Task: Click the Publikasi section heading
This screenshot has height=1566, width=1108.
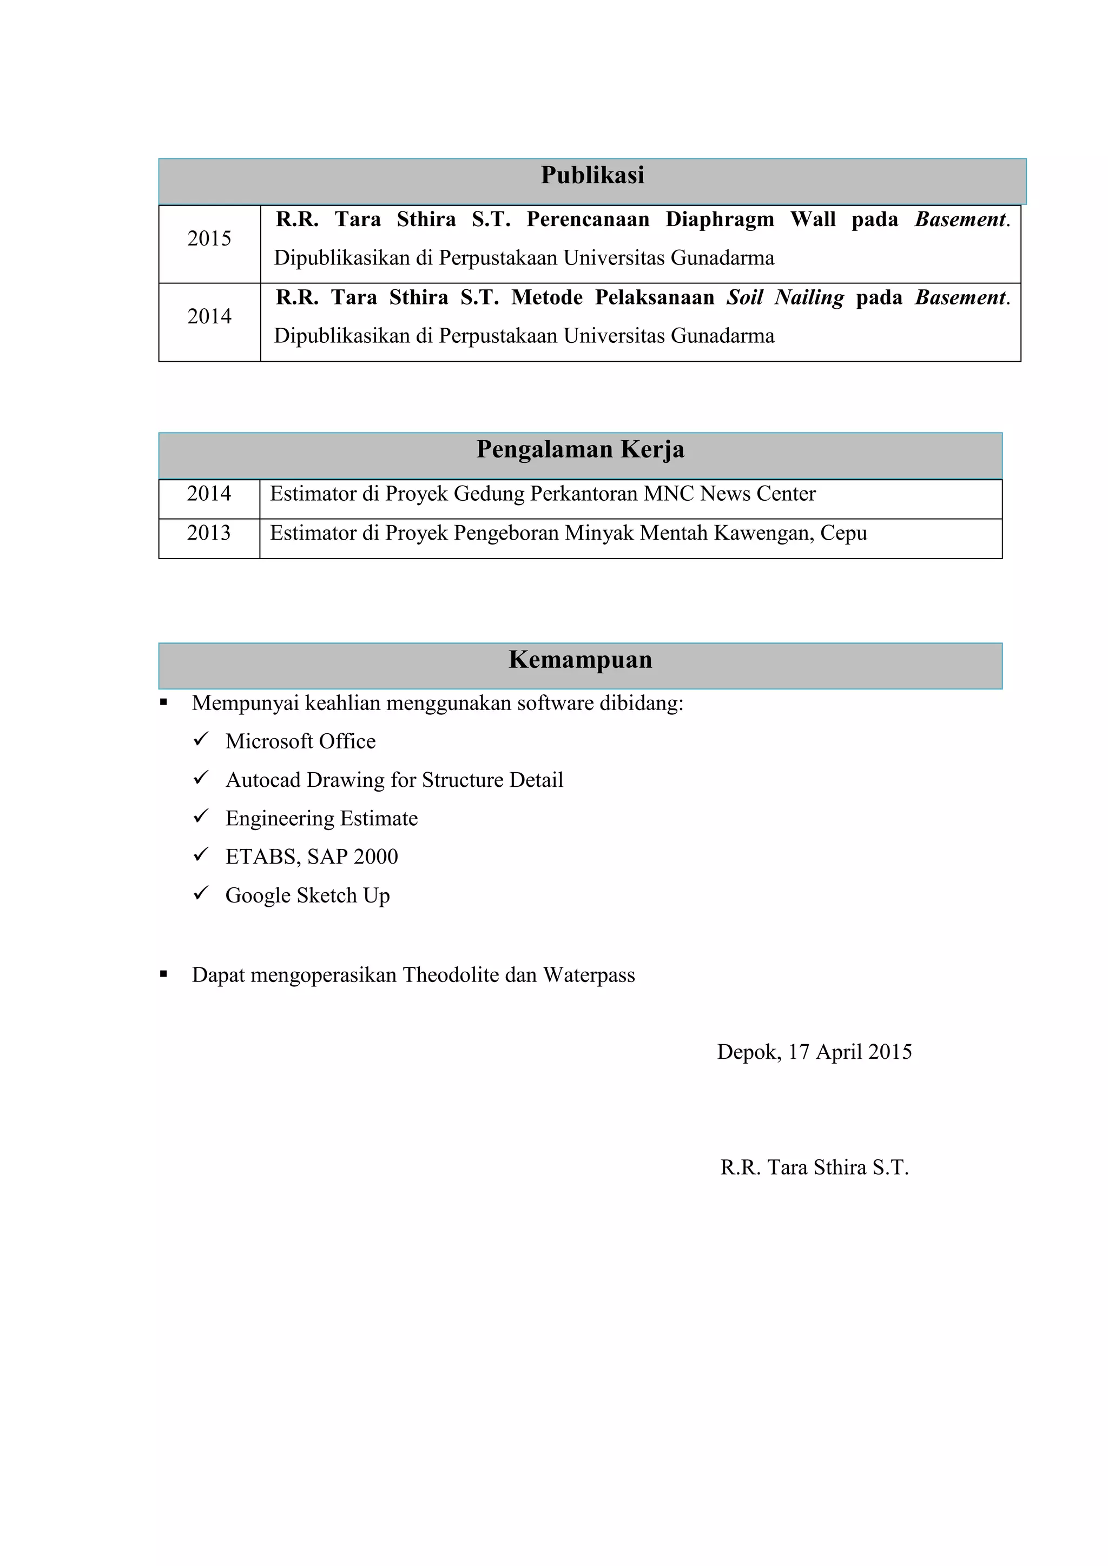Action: click(x=592, y=176)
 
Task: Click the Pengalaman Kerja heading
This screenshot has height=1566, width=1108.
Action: click(x=580, y=450)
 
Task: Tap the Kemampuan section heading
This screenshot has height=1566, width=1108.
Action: click(x=580, y=660)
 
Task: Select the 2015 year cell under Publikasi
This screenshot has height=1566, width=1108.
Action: click(x=209, y=238)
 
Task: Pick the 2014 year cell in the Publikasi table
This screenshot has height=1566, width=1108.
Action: click(x=209, y=316)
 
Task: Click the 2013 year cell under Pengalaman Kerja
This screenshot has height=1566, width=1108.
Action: click(x=209, y=533)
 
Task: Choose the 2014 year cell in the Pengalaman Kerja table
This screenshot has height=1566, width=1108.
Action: click(x=209, y=494)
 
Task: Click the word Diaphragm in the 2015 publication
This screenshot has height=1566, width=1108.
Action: click(x=720, y=220)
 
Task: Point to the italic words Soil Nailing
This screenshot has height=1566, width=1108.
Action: click(x=784, y=297)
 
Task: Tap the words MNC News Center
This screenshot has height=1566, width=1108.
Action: click(x=729, y=494)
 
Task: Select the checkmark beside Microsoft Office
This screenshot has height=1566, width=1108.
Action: click(x=201, y=739)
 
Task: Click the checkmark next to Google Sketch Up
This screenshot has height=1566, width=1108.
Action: click(x=201, y=893)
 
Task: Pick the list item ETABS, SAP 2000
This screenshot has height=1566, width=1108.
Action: click(x=312, y=857)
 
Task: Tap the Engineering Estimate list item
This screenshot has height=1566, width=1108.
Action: click(x=321, y=819)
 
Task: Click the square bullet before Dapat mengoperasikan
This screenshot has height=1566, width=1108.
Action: click(x=164, y=974)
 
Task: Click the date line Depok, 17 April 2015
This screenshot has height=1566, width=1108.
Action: click(x=814, y=1052)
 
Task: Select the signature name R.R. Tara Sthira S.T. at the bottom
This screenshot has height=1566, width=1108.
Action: click(x=814, y=1167)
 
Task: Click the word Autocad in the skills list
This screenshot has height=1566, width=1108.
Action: click(x=263, y=780)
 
